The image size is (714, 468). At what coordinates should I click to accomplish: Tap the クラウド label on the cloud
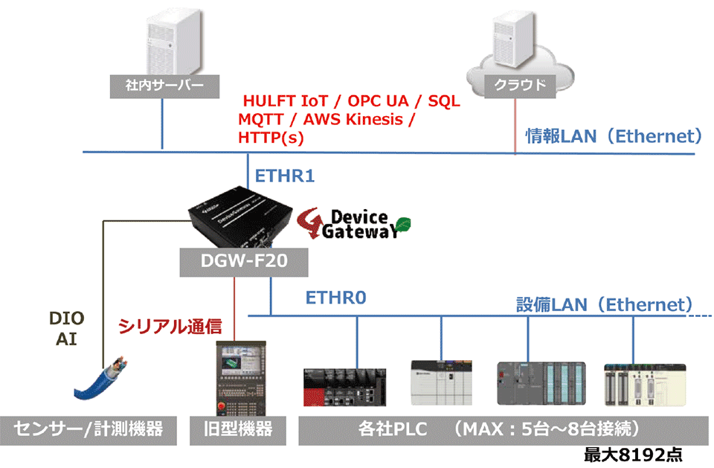515,85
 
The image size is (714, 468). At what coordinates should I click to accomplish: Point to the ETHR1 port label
286,176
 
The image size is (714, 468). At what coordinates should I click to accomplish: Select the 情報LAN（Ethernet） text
614,136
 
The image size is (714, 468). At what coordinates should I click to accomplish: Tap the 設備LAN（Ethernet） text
605,304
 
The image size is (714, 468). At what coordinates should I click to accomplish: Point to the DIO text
67,318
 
